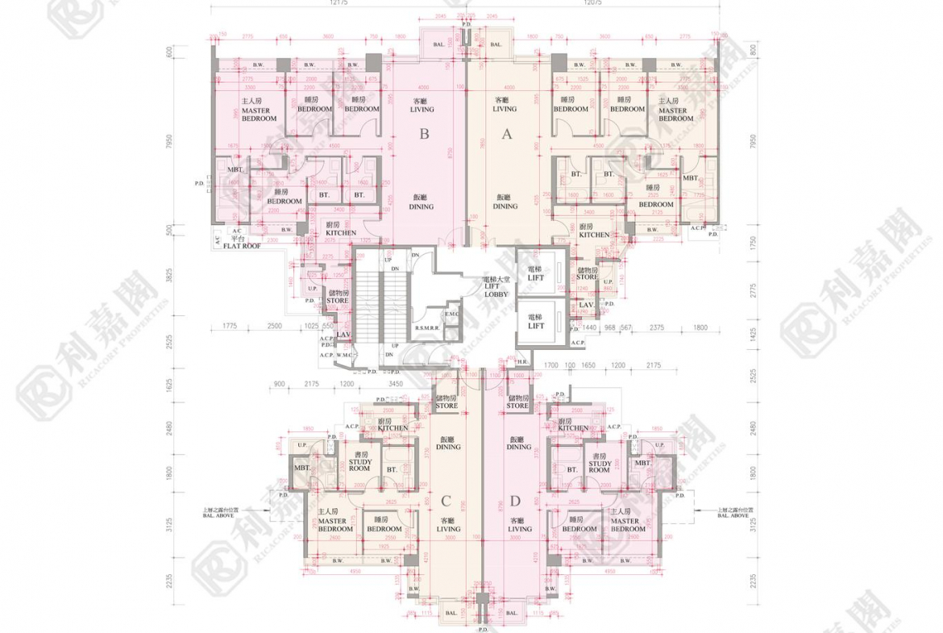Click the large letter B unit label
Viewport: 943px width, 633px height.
point(424,135)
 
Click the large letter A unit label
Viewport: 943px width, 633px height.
point(507,135)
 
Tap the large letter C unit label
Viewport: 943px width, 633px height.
point(446,501)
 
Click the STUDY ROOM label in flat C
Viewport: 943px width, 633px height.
point(359,465)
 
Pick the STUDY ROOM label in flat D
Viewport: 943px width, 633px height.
point(600,465)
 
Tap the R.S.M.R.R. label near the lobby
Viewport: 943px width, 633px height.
point(427,329)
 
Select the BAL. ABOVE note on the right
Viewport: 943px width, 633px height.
point(737,512)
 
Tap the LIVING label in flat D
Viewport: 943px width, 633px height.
point(520,529)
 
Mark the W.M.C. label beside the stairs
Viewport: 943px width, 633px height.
point(345,355)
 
